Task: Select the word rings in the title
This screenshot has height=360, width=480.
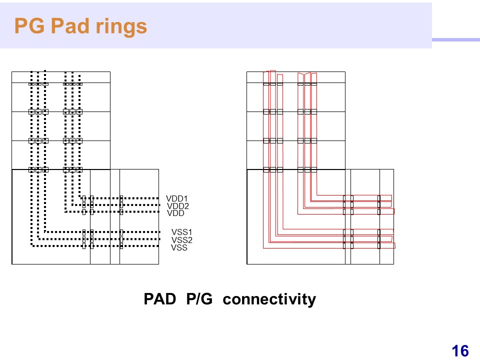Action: click(121, 27)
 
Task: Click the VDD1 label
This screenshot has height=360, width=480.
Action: click(176, 198)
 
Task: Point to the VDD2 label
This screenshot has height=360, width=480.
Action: click(178, 206)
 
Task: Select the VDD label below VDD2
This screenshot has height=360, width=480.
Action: click(175, 213)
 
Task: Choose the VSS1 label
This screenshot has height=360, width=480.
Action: click(182, 232)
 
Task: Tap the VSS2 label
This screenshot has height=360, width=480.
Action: click(182, 240)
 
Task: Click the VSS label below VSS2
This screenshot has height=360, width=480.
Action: click(179, 247)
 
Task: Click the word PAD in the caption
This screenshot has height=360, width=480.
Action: click(160, 299)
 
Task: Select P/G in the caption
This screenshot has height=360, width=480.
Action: click(199, 299)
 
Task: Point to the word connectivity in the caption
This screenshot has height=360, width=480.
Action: click(269, 299)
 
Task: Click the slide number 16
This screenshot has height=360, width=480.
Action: click(460, 351)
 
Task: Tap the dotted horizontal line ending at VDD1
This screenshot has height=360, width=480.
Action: click(119, 198)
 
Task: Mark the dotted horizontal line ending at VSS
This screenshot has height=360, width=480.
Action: click(95, 246)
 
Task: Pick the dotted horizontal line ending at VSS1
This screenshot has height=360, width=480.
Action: click(102, 232)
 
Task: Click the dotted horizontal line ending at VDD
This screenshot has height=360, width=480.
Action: click(112, 211)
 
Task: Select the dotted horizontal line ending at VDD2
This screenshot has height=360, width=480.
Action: click(115, 205)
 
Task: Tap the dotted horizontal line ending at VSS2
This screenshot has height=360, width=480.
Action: click(99, 239)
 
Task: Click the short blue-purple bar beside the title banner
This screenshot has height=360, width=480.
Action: click(456, 40)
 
